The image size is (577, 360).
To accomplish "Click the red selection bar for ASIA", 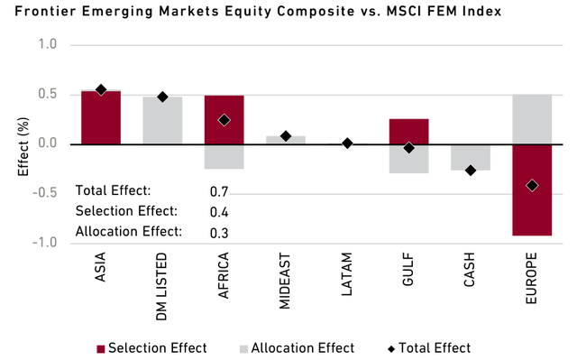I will (101, 117).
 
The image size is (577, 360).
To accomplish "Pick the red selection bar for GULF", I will (408, 131).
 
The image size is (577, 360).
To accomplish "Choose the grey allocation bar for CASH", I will (470, 157).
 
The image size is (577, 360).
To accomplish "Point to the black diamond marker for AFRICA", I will (224, 120).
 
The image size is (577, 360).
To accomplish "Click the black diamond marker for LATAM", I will (347, 143).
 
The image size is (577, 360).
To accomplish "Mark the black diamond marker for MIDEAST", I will (286, 136).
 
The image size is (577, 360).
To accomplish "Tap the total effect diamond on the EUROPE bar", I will (532, 186).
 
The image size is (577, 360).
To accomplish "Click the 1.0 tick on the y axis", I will (48, 44).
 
